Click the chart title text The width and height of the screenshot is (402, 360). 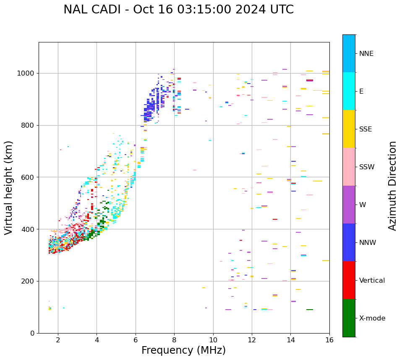click(x=178, y=10)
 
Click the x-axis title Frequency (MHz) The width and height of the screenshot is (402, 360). click(x=183, y=350)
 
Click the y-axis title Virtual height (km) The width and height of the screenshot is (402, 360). click(x=9, y=187)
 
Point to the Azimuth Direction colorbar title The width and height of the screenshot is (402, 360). click(x=392, y=186)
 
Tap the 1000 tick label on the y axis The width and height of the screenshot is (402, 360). click(x=26, y=73)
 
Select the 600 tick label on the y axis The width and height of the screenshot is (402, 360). click(x=28, y=177)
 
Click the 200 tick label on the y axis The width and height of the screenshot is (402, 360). click(x=28, y=281)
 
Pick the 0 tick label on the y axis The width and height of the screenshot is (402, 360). click(x=33, y=333)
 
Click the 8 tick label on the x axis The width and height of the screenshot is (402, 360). click(x=174, y=340)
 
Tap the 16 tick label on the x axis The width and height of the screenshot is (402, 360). click(x=329, y=340)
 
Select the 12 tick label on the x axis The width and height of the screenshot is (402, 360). click(x=252, y=340)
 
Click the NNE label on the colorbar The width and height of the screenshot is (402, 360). click(x=366, y=54)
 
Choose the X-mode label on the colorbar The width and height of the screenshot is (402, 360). click(x=372, y=318)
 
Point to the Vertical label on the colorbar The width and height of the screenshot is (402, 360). click(x=372, y=281)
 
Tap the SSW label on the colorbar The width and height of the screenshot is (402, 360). click(x=367, y=167)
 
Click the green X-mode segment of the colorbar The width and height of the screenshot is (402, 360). click(x=349, y=318)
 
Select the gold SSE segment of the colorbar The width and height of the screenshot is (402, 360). click(x=349, y=129)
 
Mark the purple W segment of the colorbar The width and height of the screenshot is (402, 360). click(x=349, y=205)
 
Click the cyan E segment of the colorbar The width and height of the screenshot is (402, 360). click(x=349, y=91)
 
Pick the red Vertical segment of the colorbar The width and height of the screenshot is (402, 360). click(x=349, y=280)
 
